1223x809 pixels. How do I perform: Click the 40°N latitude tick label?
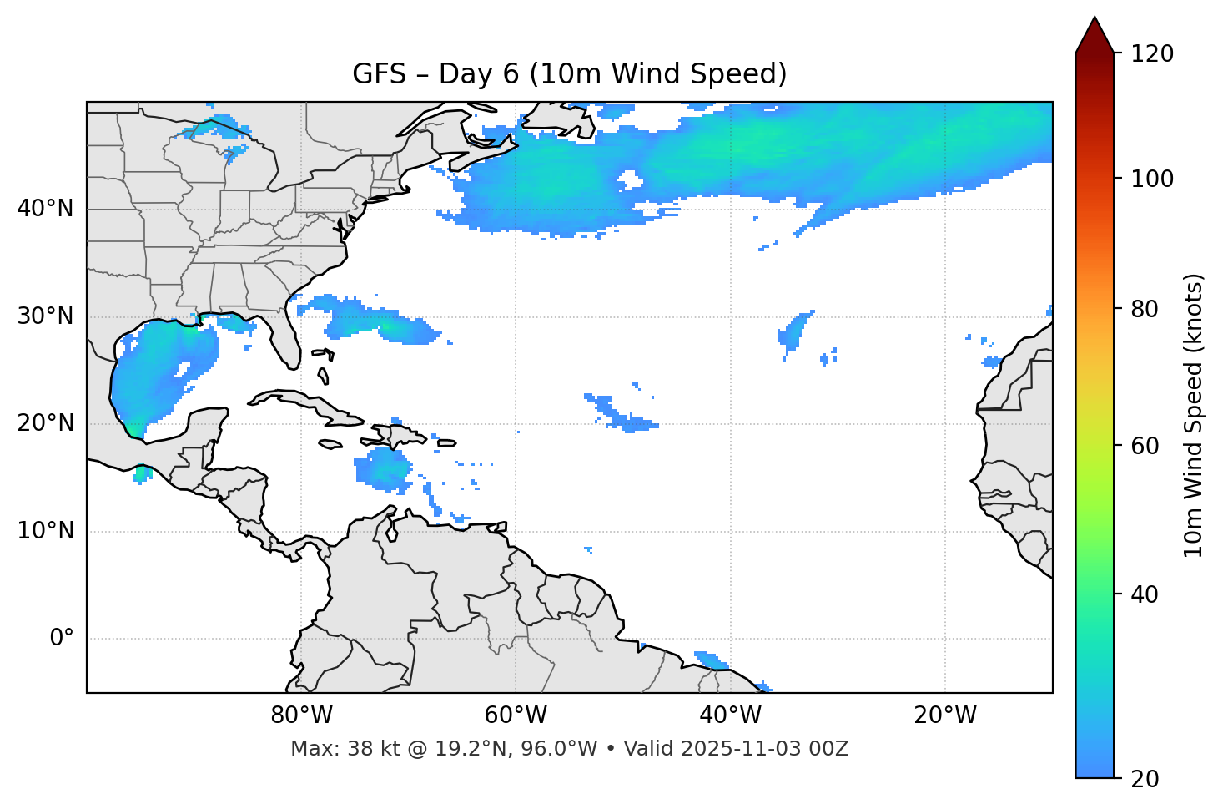[45, 209]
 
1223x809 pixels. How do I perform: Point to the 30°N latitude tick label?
[45, 316]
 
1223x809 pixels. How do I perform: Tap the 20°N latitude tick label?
[45, 423]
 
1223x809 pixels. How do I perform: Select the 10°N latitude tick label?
[45, 531]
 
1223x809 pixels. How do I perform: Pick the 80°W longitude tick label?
[301, 715]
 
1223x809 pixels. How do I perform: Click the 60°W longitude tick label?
[516, 715]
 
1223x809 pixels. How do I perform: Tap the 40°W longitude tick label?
[730, 715]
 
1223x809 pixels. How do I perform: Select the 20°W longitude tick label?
[945, 715]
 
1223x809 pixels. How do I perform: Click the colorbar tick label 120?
[1152, 54]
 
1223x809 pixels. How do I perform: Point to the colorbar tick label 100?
[1152, 179]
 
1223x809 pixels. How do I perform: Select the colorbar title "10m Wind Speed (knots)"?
[1194, 415]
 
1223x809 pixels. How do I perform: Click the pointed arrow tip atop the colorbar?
[1095, 18]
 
